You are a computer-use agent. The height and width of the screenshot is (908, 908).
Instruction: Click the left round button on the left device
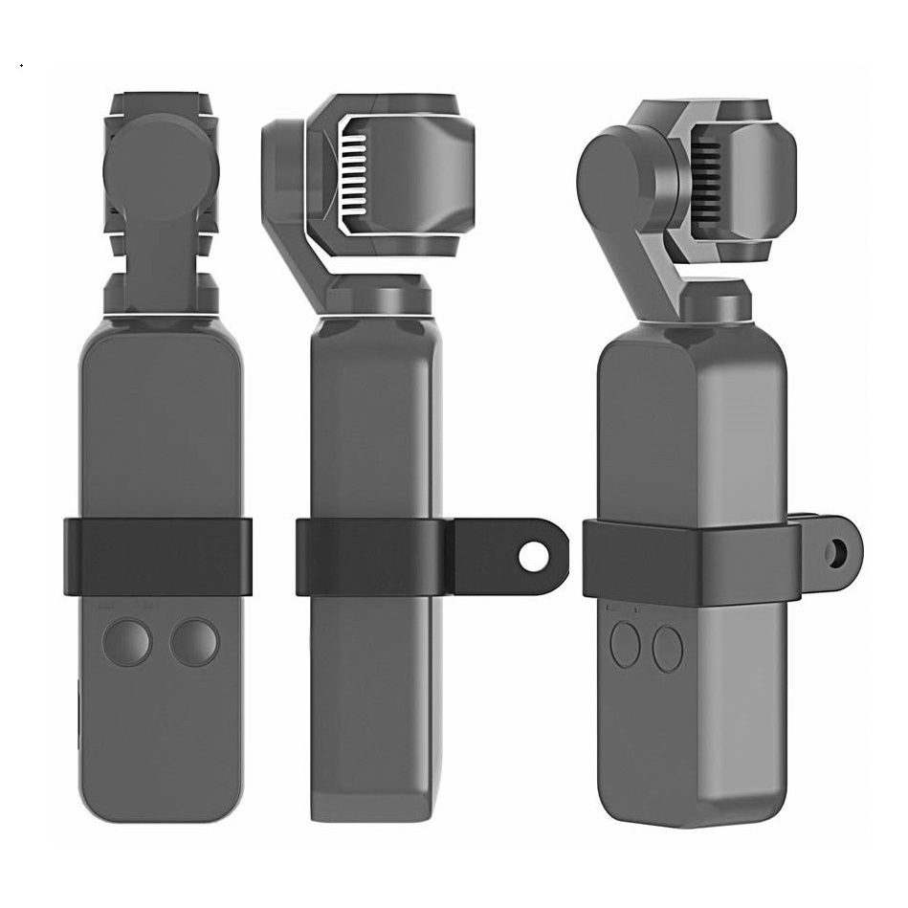pyautogui.click(x=127, y=642)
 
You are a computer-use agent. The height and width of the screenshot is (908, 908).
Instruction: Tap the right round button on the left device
pyautogui.click(x=194, y=642)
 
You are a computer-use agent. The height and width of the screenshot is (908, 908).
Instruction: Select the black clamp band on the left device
pyautogui.click(x=158, y=557)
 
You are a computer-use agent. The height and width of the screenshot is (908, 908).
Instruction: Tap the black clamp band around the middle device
pyautogui.click(x=373, y=557)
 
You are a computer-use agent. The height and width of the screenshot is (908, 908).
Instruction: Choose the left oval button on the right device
pyautogui.click(x=625, y=644)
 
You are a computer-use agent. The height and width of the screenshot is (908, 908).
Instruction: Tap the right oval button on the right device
pyautogui.click(x=668, y=649)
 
